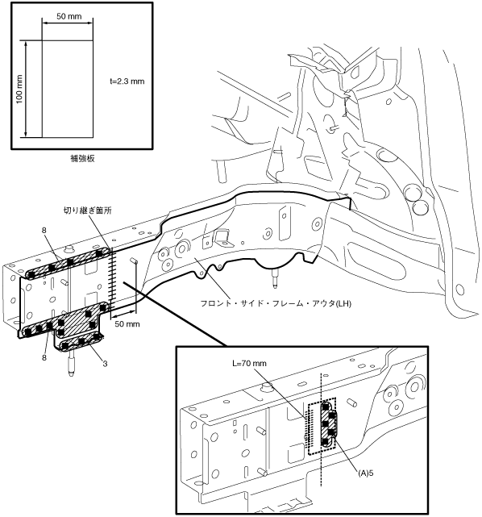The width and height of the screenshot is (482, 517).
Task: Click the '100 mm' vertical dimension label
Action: coord(19,89)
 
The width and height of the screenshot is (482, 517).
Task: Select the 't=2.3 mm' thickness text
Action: coord(127,81)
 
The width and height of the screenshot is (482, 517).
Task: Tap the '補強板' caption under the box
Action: coord(82,159)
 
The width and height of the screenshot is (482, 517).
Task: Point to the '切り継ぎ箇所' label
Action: coord(88,211)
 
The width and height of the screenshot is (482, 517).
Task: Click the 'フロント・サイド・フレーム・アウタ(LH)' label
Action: coord(276,303)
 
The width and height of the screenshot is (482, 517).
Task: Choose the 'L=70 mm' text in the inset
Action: coord(249,363)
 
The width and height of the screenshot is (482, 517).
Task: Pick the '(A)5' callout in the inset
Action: coord(366,473)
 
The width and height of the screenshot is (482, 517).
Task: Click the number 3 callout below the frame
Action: coord(105,364)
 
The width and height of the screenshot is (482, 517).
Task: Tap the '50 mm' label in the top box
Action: coord(69,16)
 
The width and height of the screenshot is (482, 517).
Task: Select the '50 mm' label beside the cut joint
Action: coord(127,324)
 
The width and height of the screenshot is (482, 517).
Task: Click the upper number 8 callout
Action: coord(44,231)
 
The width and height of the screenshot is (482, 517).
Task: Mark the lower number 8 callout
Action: coord(44,357)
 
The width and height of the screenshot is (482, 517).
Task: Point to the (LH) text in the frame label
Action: coord(343,303)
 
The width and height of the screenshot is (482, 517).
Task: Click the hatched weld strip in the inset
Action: coord(329,424)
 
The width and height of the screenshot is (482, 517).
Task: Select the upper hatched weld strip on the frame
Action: coord(69,262)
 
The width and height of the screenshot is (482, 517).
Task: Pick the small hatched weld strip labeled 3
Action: coord(81,342)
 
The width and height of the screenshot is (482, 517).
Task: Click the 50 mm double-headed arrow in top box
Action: coord(68,23)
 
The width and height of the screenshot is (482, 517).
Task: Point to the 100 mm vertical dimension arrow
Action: coord(26,89)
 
